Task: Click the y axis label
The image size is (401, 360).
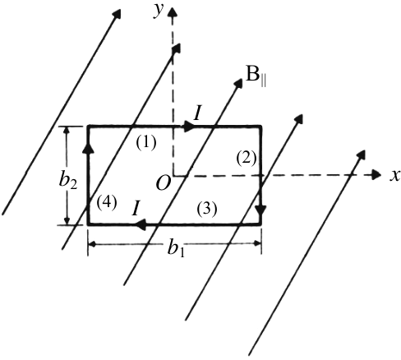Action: coord(159,11)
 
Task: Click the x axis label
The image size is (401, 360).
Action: coord(395,176)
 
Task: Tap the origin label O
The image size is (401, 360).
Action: coord(164,183)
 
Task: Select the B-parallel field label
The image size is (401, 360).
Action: coord(256,79)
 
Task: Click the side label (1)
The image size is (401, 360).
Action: coord(146,143)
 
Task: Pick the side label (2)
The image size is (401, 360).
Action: coord(247,159)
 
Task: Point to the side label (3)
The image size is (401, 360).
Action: coord(207,210)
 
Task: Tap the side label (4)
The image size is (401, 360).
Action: coord(107,203)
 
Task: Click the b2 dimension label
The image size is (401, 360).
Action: coord(68,182)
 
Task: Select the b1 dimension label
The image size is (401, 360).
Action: coord(176,248)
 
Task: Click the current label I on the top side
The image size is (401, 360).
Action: coord(197,113)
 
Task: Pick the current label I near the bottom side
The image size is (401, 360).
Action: coord(136,209)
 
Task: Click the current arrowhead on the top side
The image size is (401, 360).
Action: coord(189,127)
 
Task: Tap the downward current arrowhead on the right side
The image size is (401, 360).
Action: coord(260,212)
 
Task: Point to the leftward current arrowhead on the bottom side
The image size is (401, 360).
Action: coord(141,224)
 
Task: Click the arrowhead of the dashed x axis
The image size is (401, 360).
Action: coord(377,175)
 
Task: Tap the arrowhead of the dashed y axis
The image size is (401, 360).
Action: coord(173,12)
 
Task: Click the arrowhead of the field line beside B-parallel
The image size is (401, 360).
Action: coord(239,83)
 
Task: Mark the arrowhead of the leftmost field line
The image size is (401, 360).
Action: coord(117,14)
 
